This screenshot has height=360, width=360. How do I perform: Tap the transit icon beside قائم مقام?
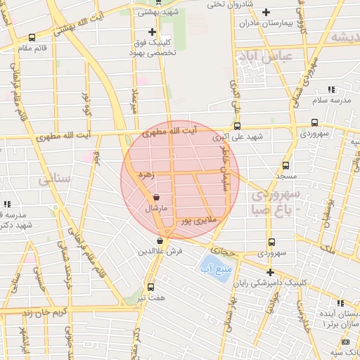tap(32, 38)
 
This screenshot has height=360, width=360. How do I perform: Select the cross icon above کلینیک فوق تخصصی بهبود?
tap(152, 32)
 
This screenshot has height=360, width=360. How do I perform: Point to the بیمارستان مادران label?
tap(264, 23)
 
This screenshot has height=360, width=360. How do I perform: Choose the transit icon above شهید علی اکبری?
tap(237, 126)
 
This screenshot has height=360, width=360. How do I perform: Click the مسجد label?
tap(285, 175)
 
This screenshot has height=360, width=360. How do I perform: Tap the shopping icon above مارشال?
tap(155, 198)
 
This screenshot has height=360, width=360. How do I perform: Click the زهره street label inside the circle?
tap(145, 173)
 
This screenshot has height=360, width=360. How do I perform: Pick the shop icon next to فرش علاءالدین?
tap(160, 240)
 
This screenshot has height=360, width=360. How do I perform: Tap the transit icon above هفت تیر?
tap(150, 286)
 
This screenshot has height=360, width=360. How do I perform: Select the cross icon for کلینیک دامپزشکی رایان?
tap(270, 272)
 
